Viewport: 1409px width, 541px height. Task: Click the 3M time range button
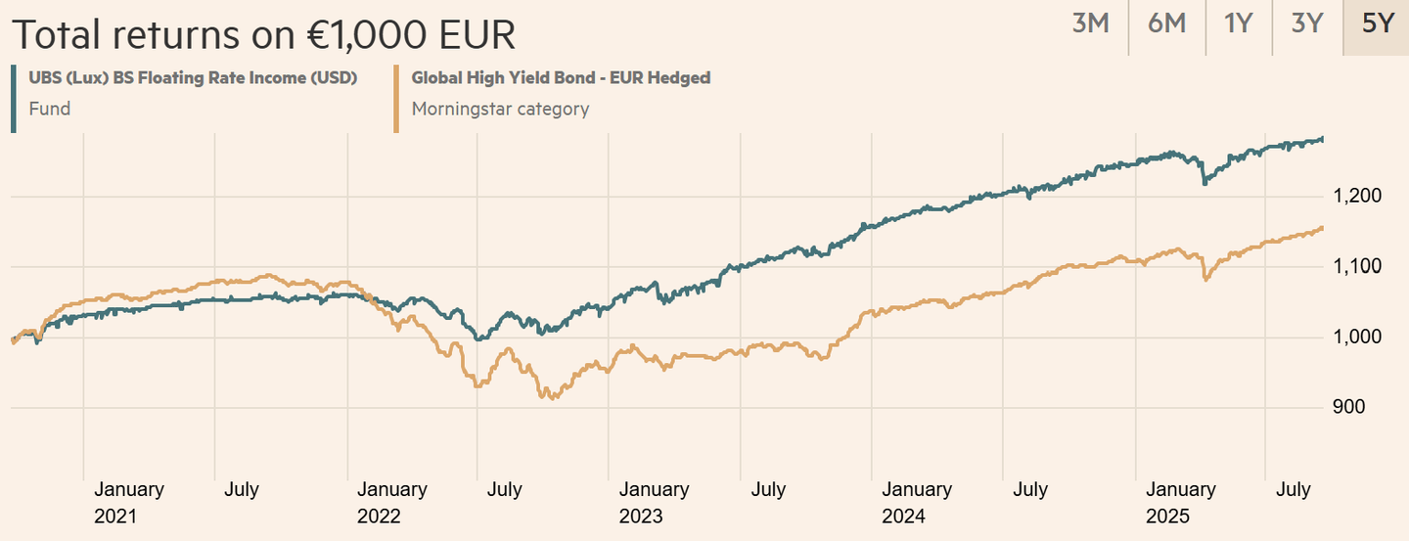coord(1090,24)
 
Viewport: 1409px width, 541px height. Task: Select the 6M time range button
coord(1166,24)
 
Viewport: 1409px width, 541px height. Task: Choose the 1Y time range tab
coord(1238,24)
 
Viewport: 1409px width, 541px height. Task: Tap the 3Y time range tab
coord(1306,24)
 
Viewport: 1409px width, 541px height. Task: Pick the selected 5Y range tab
coord(1377,24)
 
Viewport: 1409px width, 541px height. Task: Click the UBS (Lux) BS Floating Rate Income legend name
coord(192,78)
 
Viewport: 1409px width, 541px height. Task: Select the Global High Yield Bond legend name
coord(561,78)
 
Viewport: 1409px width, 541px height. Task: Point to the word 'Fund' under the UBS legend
coord(50,109)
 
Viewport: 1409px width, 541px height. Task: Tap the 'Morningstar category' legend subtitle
coord(500,109)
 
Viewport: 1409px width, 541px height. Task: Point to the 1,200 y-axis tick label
coord(1357,197)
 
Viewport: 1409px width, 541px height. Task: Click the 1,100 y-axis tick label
coord(1357,267)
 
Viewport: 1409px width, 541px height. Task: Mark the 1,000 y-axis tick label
coord(1357,338)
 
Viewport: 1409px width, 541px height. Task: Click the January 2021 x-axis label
coord(129,502)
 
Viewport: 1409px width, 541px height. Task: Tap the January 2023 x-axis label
coord(654,502)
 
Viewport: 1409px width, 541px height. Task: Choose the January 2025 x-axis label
coord(1181,502)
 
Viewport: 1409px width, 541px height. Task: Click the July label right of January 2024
coord(1030,489)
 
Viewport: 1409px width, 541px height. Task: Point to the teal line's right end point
coord(1324,139)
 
